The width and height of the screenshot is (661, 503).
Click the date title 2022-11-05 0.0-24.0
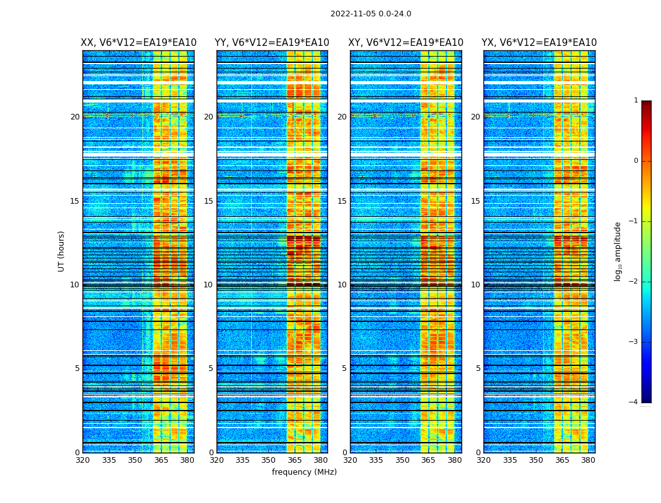point(371,14)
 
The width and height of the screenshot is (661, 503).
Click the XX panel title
point(138,43)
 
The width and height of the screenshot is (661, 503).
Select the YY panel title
point(272,43)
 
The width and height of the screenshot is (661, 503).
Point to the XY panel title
point(406,43)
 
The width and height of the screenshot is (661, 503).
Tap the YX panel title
point(540,43)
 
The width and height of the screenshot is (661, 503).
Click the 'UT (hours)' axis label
point(62,251)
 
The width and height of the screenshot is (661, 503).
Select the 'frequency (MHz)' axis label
point(304,472)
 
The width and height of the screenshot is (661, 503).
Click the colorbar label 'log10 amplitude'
point(618,251)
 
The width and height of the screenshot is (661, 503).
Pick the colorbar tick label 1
point(636,101)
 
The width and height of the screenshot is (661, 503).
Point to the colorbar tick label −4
point(634,402)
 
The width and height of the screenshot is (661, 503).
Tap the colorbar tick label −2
point(634,282)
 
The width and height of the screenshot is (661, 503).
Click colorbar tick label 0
point(636,161)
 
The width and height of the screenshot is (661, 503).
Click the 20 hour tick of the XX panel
point(75,117)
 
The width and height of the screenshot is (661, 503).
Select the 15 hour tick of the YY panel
point(208,201)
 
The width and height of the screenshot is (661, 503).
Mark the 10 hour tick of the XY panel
point(342,285)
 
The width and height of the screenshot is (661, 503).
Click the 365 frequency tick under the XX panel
point(161,460)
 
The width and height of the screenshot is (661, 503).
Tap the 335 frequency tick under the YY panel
point(242,460)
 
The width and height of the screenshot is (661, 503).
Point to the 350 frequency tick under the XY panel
point(402,460)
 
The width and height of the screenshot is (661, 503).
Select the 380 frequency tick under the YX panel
point(588,460)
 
